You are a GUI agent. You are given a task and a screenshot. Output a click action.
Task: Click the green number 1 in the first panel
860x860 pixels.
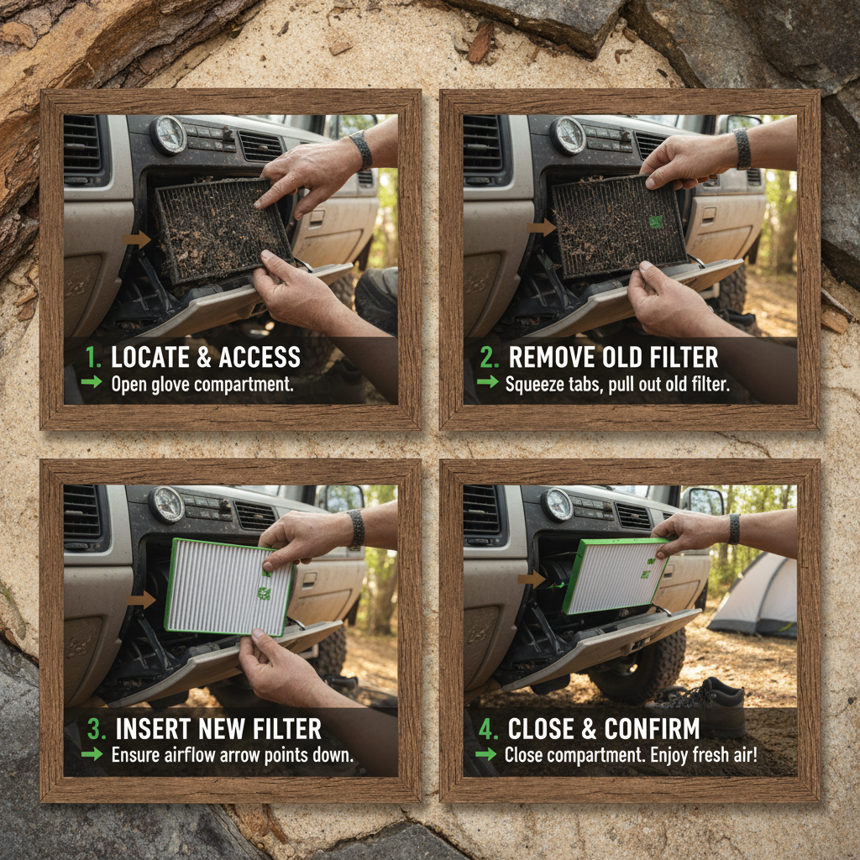[92, 358]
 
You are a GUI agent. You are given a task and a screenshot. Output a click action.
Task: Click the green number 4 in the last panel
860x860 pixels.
[487, 727]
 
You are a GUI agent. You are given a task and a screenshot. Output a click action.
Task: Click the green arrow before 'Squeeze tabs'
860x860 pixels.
[487, 384]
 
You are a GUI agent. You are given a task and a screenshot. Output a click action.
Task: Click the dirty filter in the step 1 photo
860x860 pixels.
[220, 228]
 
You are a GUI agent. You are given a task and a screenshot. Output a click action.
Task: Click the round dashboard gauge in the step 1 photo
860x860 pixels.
[168, 134]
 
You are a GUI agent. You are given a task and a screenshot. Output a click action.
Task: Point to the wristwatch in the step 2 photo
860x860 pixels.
[742, 149]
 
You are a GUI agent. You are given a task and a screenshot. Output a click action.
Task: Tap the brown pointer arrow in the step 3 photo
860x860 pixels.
[142, 600]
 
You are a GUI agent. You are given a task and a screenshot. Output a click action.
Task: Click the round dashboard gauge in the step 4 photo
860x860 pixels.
[558, 504]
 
